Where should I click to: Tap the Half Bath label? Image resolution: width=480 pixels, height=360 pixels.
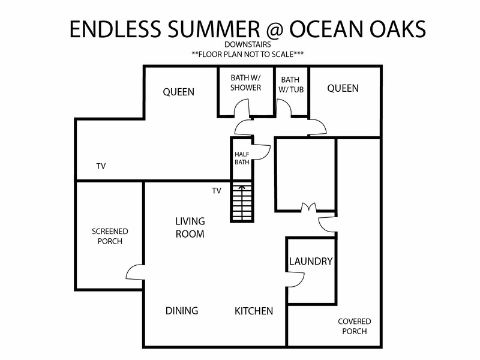[x=242, y=158]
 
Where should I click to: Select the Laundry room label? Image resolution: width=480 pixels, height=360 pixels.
[x=311, y=261]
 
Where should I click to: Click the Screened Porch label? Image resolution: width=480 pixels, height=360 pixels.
[x=110, y=236]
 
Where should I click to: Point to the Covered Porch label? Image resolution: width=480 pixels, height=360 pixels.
[x=355, y=326]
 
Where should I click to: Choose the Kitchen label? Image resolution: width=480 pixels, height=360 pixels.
[x=254, y=311]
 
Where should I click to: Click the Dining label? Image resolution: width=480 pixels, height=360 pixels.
[x=182, y=311]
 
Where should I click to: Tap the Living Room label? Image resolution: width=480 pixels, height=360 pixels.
[x=190, y=227]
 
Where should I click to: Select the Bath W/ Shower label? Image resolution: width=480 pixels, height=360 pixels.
[x=245, y=83]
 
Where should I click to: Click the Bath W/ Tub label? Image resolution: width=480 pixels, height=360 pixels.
[x=291, y=85]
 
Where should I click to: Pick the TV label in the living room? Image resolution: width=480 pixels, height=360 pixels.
[x=217, y=191]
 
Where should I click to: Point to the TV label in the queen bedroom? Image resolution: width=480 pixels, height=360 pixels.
[x=101, y=166]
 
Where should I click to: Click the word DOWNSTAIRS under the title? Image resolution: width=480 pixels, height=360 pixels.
[x=247, y=44]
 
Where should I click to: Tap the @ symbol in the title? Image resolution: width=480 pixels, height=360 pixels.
[x=275, y=29]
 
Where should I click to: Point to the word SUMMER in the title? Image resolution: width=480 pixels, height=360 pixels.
[x=214, y=29]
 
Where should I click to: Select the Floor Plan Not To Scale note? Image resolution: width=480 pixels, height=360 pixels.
[x=248, y=55]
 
